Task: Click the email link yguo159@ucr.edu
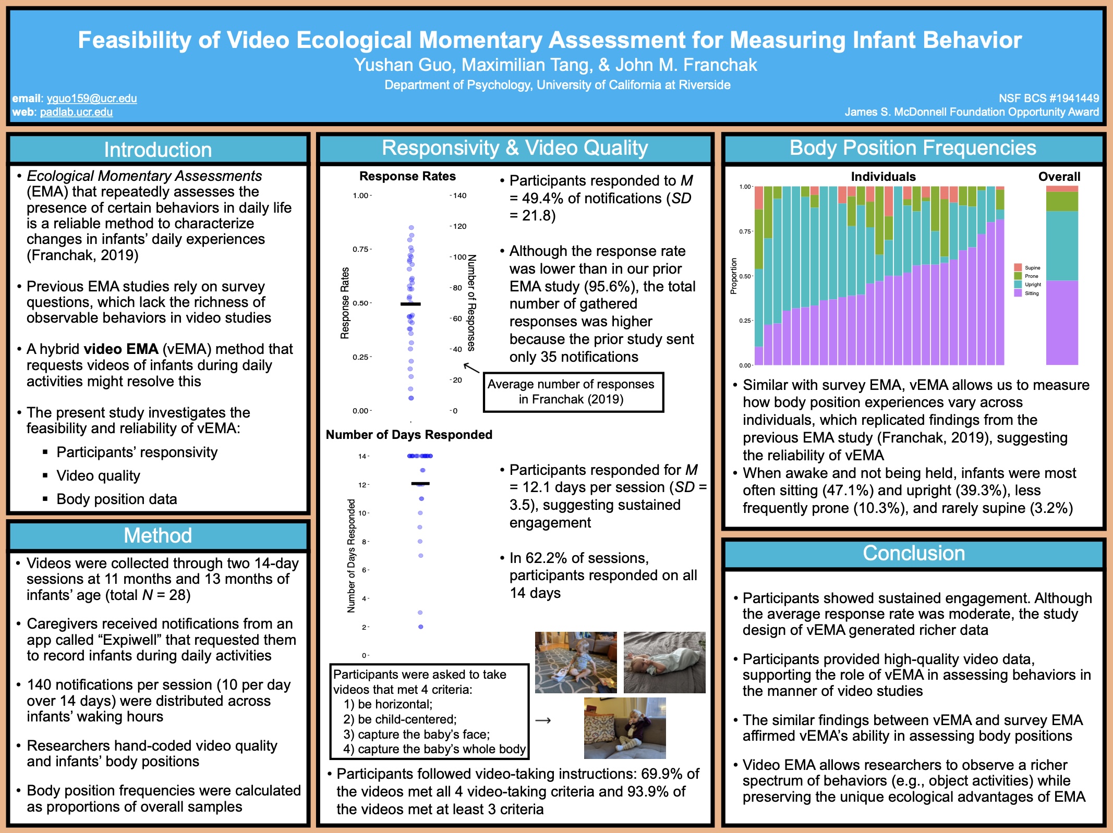coord(92,99)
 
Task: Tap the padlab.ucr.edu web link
coord(76,112)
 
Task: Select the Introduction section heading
coord(158,150)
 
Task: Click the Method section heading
coord(158,535)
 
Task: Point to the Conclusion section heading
coord(914,553)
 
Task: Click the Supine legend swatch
coord(1018,267)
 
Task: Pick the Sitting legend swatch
coord(1018,293)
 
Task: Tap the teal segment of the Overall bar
coord(1062,246)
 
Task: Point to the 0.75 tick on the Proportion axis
coord(746,231)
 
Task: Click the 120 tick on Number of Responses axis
coord(459,226)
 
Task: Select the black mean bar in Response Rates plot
coord(410,304)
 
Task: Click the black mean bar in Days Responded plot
coord(420,484)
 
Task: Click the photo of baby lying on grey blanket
coord(664,662)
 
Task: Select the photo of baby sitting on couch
coord(625,728)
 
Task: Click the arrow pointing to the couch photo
coord(543,720)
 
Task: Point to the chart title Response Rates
coord(407,176)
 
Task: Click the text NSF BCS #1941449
coord(1048,99)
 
